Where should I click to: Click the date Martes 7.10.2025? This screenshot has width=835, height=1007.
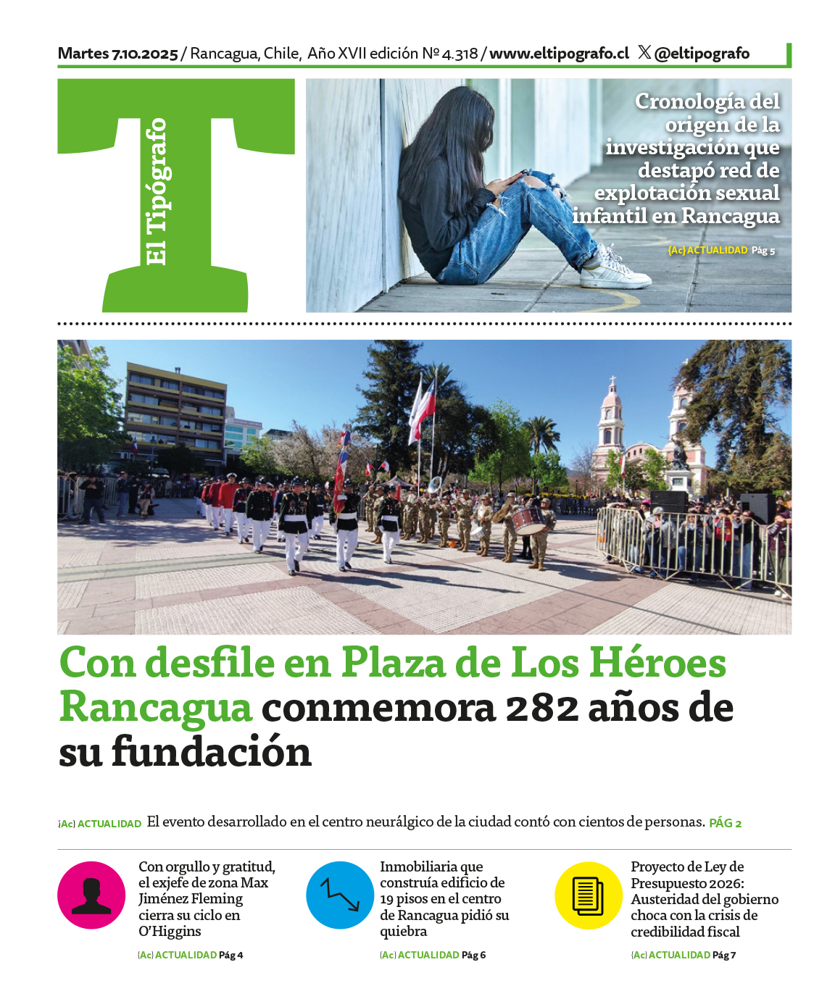point(117,54)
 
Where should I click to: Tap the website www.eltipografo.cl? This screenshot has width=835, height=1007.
point(559,54)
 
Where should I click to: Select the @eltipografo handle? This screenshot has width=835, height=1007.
point(702,54)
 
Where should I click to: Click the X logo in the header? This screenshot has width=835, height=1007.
point(644,52)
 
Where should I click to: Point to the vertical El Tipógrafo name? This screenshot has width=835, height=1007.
point(156,192)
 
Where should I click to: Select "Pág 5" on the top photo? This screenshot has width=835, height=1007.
point(763,251)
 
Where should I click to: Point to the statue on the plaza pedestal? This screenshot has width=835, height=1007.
point(679,455)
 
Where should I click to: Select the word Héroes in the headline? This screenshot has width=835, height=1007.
point(657,663)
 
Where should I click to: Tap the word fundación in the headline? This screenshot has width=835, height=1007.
point(212,753)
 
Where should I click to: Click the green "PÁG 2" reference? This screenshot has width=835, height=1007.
point(725,823)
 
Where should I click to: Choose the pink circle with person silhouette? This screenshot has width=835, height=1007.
point(91,895)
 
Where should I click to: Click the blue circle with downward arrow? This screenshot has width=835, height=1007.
point(340,895)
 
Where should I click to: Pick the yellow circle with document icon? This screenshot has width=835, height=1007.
point(589,895)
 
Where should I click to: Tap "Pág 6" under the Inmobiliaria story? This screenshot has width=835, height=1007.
point(473,955)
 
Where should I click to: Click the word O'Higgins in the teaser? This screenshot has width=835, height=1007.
point(170,932)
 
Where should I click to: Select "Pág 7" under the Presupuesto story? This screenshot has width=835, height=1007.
point(724,955)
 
